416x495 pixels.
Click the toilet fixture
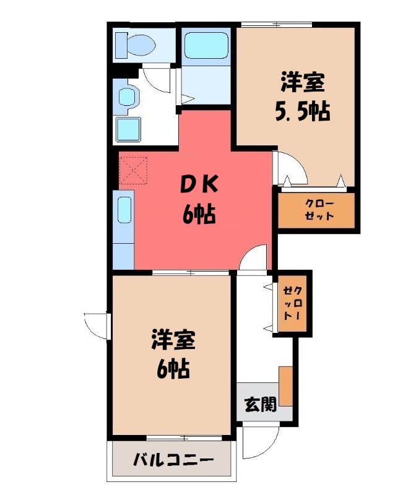(135, 45)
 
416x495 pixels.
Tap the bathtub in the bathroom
(207, 45)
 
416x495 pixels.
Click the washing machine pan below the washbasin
(128, 129)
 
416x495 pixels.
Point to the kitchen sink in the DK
(124, 210)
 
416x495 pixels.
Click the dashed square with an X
(134, 171)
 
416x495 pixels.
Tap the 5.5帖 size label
(303, 112)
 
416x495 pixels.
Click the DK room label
(199, 184)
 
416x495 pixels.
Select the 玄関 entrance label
(261, 404)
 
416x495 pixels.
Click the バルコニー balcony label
(173, 460)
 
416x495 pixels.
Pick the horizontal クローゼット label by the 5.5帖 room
(319, 210)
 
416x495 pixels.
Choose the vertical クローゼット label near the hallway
(292, 303)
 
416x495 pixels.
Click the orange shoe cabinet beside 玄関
(285, 386)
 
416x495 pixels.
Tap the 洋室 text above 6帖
(173, 339)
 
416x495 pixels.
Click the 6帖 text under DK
(199, 214)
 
